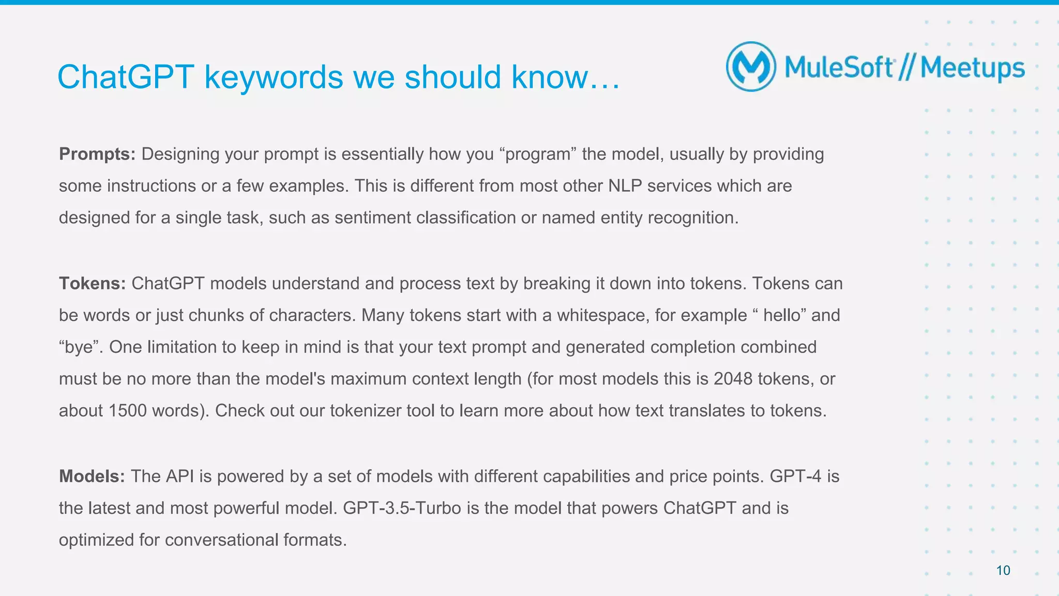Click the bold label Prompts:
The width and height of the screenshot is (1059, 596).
(x=97, y=154)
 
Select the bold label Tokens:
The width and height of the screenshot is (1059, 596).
(x=93, y=283)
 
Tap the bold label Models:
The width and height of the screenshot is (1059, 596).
(x=92, y=476)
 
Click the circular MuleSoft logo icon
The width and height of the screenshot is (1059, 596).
(x=751, y=67)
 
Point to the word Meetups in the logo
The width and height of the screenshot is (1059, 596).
(x=972, y=68)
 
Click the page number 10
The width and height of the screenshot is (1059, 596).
(x=1003, y=571)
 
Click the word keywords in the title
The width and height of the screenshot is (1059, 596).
(x=274, y=77)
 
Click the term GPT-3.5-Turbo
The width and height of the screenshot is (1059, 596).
(x=402, y=508)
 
